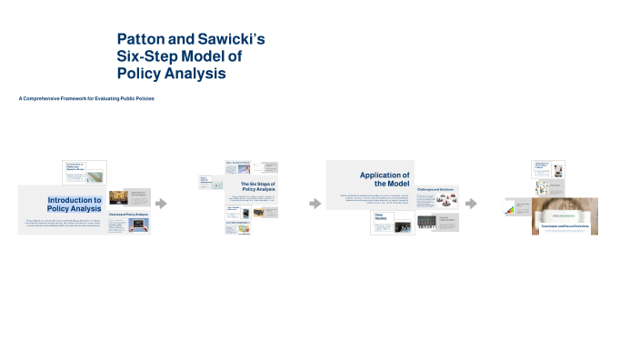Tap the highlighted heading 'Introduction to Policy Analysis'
(75, 204)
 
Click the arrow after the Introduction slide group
(162, 204)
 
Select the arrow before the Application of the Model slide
(315, 204)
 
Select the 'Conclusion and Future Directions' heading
(564, 225)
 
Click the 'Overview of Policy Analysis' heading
(127, 215)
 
